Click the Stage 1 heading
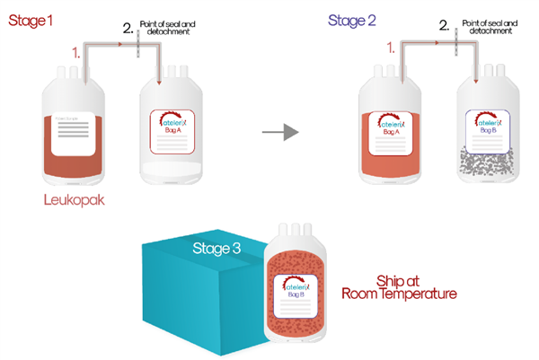tap(29, 16)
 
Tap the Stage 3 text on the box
tap(216, 247)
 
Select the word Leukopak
tap(74, 200)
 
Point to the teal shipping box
tap(189, 296)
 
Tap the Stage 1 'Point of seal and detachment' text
tap(168, 28)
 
